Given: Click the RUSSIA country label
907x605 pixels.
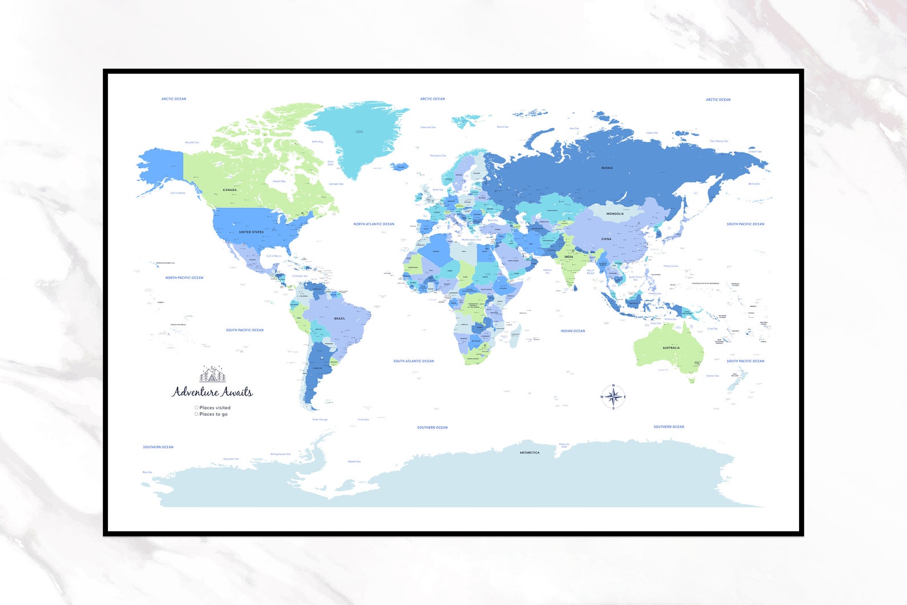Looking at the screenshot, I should pyautogui.click(x=607, y=168).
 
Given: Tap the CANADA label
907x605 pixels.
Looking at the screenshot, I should pyautogui.click(x=230, y=190).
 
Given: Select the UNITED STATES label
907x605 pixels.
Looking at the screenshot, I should pyautogui.click(x=251, y=232).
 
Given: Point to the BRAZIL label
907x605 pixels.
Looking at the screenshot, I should pyautogui.click(x=339, y=318).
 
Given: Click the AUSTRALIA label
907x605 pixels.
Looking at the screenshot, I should pyautogui.click(x=671, y=347).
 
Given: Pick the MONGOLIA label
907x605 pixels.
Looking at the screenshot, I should pyautogui.click(x=615, y=214).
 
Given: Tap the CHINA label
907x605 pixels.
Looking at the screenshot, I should pyautogui.click(x=606, y=239).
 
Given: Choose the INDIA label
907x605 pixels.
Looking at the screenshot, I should pyautogui.click(x=568, y=257).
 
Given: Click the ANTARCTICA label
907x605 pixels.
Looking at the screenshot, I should pyautogui.click(x=529, y=452).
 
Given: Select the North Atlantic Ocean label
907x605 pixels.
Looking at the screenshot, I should pyautogui.click(x=374, y=224).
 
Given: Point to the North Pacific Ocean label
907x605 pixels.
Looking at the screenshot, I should pyautogui.click(x=184, y=278).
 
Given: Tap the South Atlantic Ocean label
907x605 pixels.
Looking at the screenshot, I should pyautogui.click(x=414, y=361).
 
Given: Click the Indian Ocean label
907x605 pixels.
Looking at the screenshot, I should pyautogui.click(x=572, y=331).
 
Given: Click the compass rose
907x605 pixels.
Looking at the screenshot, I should pyautogui.click(x=613, y=396).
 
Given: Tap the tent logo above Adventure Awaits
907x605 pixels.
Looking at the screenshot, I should pyautogui.click(x=212, y=374).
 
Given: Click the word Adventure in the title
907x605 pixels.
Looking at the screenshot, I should pyautogui.click(x=195, y=392).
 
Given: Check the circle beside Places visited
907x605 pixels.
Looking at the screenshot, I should pyautogui.click(x=196, y=408).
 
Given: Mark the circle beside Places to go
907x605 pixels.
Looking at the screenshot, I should pyautogui.click(x=196, y=414).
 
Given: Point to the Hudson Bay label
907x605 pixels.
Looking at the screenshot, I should pyautogui.click(x=279, y=181).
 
